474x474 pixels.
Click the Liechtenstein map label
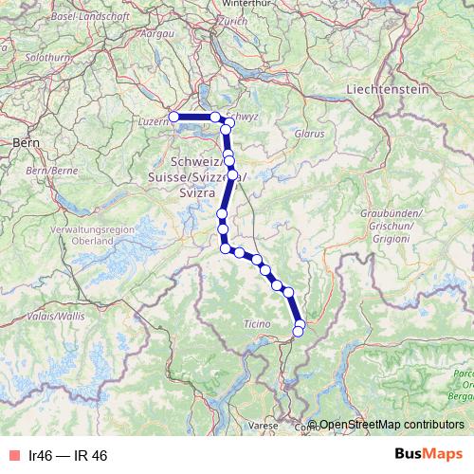tap(388, 88)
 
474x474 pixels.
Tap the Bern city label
tap(26, 142)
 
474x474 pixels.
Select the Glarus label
tap(309, 135)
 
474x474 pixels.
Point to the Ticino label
tap(257, 325)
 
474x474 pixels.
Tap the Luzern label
tap(152, 121)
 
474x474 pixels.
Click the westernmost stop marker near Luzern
tap(173, 117)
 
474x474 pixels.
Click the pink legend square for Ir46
tap(12, 456)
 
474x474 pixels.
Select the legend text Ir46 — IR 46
tap(68, 456)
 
